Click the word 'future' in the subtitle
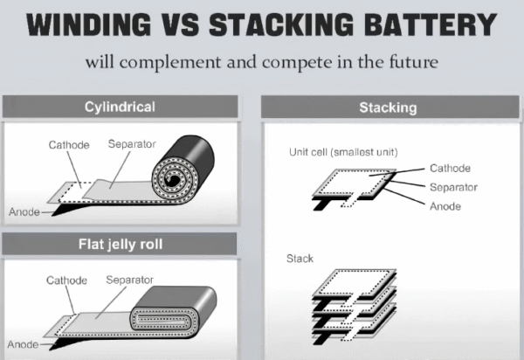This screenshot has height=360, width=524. pyautogui.click(x=410, y=64)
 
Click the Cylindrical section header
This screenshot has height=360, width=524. pyautogui.click(x=121, y=107)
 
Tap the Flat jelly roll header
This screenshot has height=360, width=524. pyautogui.click(x=121, y=243)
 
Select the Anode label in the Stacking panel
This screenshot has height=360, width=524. pyautogui.click(x=445, y=206)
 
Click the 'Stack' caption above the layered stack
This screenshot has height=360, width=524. pyautogui.click(x=300, y=259)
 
